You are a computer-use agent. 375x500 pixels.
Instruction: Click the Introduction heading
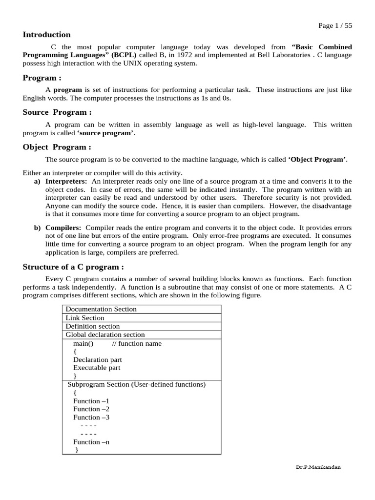click(46, 35)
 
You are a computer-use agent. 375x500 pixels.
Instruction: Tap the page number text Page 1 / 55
click(334, 26)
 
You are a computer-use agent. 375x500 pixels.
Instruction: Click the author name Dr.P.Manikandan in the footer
click(318, 467)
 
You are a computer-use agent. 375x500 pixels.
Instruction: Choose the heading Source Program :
click(57, 112)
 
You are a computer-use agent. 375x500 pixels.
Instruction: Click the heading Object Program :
click(57, 147)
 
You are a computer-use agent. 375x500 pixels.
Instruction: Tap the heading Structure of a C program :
click(73, 267)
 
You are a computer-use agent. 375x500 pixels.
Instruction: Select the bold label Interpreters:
click(66, 181)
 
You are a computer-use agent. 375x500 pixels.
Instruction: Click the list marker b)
click(37, 228)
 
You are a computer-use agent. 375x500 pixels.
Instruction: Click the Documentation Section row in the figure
click(101, 309)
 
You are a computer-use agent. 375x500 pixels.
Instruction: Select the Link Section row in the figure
click(85, 318)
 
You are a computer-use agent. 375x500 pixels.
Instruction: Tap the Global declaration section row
click(105, 334)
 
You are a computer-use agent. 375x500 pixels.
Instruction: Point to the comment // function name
click(137, 343)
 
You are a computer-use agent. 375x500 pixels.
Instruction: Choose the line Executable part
click(97, 368)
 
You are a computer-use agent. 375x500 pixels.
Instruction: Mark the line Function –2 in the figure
click(91, 409)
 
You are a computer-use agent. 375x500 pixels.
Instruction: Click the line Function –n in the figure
click(91, 442)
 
